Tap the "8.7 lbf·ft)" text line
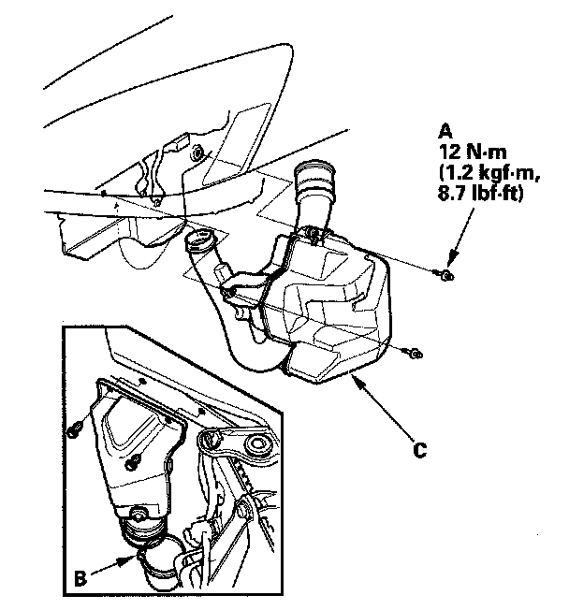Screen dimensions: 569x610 [477, 196]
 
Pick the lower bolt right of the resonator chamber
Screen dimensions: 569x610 [413, 353]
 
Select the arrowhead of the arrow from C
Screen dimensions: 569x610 [354, 379]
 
